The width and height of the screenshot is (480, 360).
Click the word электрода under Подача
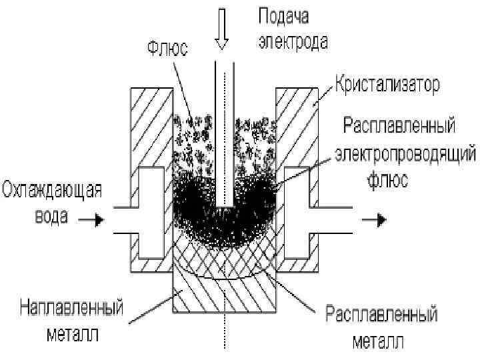(x=293, y=43)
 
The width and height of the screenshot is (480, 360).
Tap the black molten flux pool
(x=200, y=207)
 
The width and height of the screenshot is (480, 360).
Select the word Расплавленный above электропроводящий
(x=399, y=127)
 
